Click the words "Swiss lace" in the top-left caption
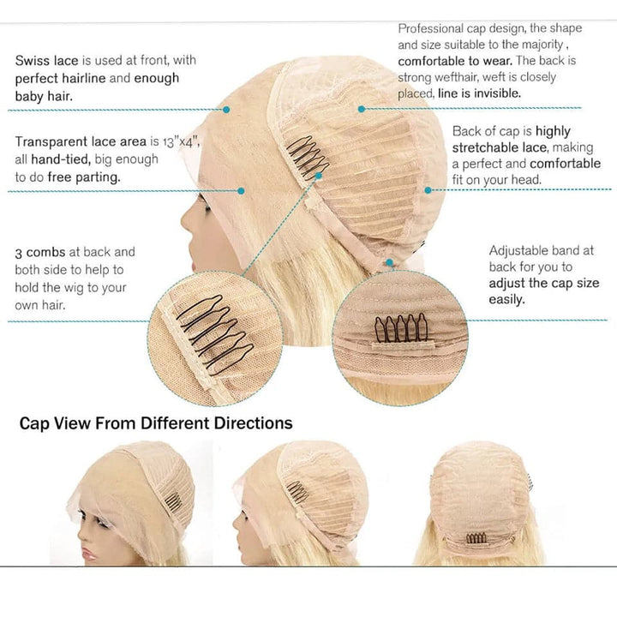coord(46,61)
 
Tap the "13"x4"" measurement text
coord(180,141)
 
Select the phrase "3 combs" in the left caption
coord(40,252)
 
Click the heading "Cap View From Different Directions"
coord(156,423)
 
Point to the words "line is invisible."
coord(479,93)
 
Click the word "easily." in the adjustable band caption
coord(506,300)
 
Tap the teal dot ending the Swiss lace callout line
coord(226,110)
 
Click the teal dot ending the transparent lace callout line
coord(241,191)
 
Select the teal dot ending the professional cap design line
coord(362,109)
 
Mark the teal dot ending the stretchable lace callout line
coord(428,190)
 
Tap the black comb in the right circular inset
coord(401,327)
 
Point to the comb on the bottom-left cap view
coord(173,501)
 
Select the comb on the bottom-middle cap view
coord(298,492)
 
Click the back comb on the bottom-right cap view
coord(476,538)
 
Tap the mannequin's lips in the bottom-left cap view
coord(89,554)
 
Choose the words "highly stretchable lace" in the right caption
coord(511,140)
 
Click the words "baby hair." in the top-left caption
coord(44,96)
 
